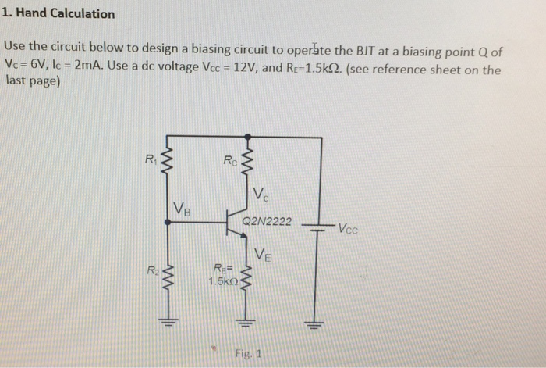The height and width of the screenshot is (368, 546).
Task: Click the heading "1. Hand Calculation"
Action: [x=59, y=13]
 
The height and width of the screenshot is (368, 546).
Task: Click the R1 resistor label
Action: [x=150, y=160]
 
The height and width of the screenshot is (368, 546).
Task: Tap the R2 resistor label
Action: [x=149, y=271]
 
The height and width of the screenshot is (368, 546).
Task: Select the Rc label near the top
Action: [x=229, y=162]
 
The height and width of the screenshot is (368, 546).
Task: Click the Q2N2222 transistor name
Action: [x=268, y=222]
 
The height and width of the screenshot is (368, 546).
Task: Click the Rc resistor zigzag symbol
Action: [x=248, y=164]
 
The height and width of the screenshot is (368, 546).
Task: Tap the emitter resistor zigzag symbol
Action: [x=248, y=277]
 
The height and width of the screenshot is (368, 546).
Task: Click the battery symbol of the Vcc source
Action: [x=317, y=228]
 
